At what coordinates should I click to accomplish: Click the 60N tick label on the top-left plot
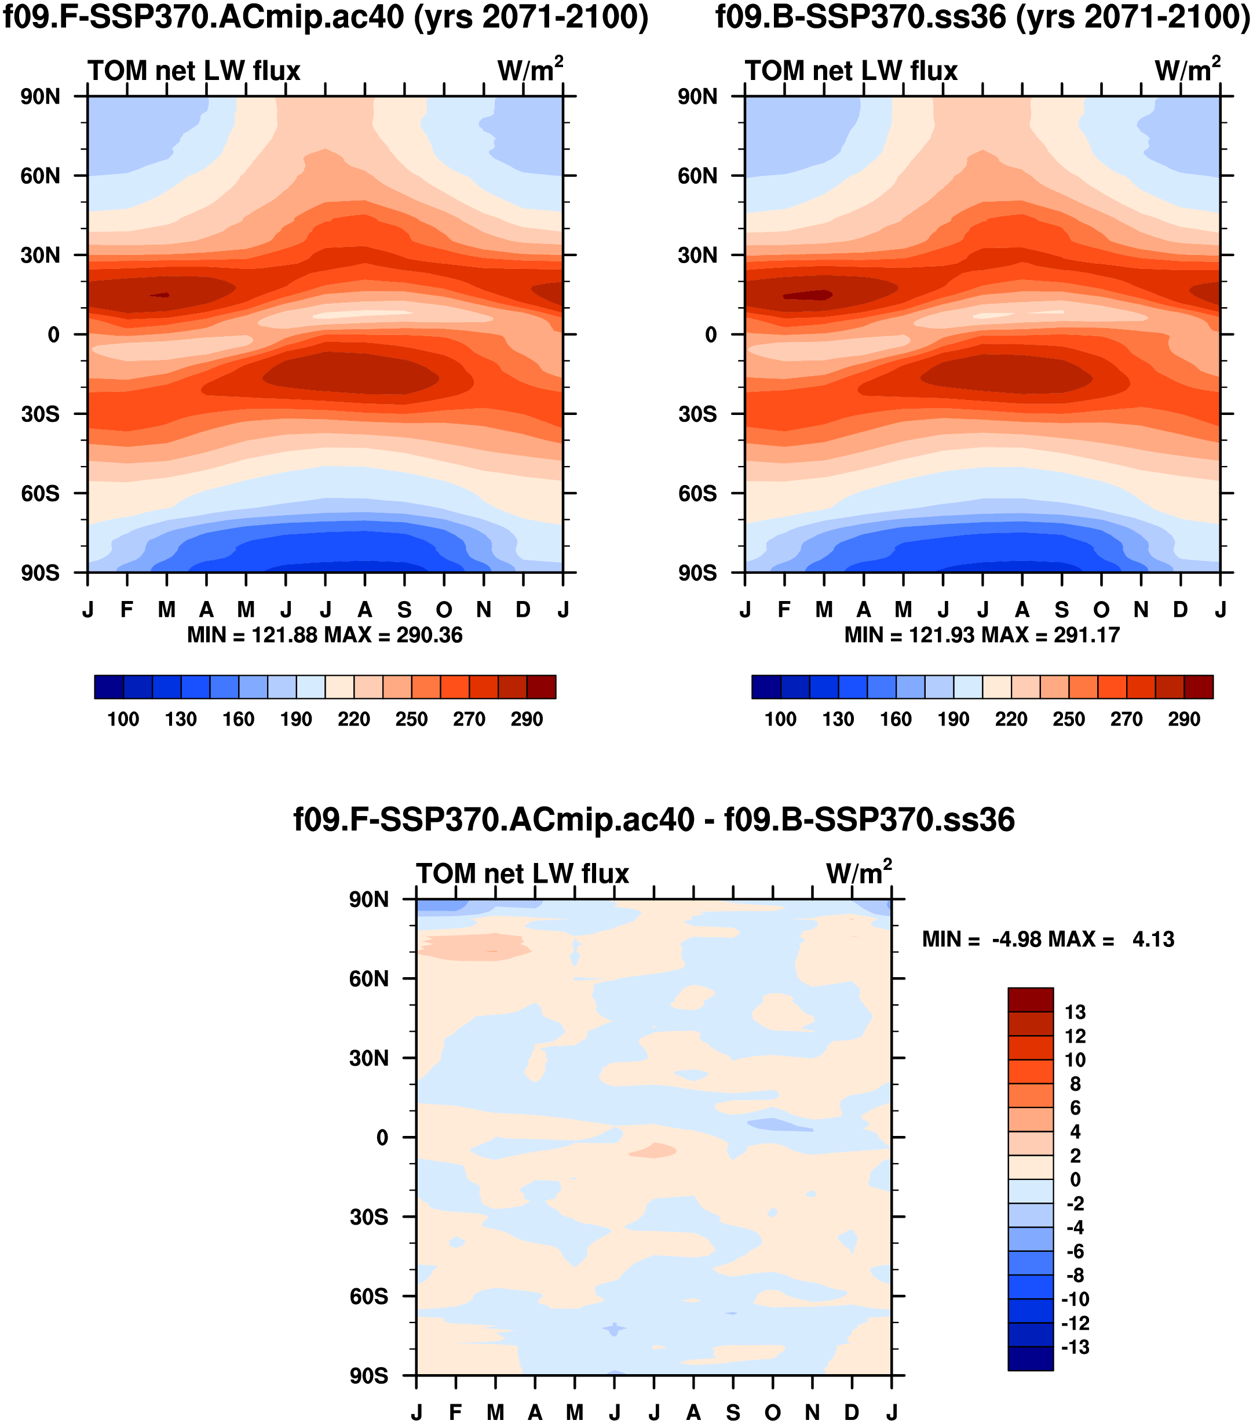[41, 176]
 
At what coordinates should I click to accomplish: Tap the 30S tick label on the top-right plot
[697, 414]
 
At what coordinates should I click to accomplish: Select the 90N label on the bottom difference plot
[368, 899]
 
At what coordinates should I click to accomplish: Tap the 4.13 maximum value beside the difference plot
[1153, 940]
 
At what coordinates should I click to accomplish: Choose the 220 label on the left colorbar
[354, 719]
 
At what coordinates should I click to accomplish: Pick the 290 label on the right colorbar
[1184, 719]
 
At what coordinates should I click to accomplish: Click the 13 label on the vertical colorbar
[1075, 1013]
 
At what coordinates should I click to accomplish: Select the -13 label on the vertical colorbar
[1075, 1347]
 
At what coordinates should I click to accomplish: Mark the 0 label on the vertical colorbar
[1075, 1179]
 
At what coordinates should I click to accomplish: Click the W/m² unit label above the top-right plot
[1187, 70]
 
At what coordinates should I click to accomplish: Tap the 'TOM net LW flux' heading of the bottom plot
[523, 873]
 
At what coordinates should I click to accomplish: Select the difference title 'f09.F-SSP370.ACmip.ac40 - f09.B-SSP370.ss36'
[654, 820]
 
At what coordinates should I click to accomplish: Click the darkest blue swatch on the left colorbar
[109, 687]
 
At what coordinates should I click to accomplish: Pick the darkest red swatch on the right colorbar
[1199, 687]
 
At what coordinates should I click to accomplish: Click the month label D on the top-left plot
[523, 610]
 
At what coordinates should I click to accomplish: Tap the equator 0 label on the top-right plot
[710, 335]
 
